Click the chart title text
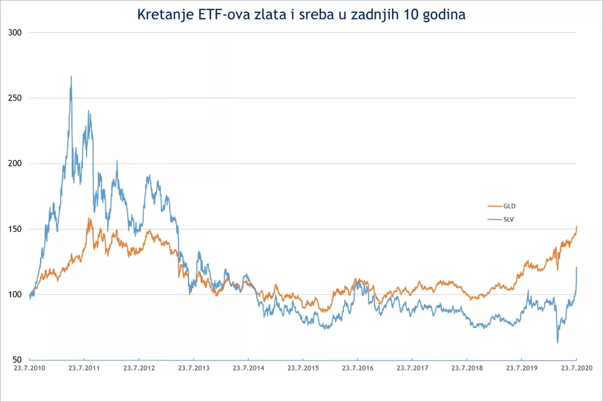pos(301,15)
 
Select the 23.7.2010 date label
pos(29,368)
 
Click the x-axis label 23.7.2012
pos(139,368)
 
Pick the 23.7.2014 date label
pos(249,368)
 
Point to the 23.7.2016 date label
pos(357,368)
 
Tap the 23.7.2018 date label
pos(467,368)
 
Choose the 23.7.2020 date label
pos(575,368)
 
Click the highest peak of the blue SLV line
pos(71,77)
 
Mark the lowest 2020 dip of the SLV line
pos(557,342)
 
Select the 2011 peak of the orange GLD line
pos(90,218)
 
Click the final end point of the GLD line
pos(577,226)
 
